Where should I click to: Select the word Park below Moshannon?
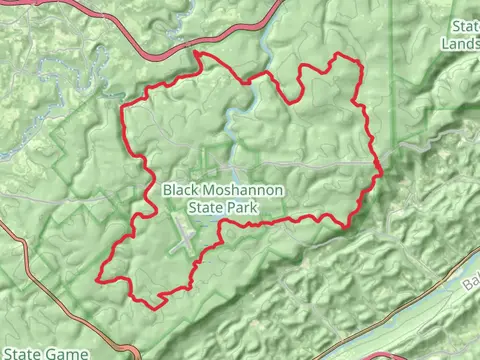click(x=243, y=208)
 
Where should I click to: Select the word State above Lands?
click(x=465, y=26)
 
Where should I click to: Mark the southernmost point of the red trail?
click(x=150, y=304)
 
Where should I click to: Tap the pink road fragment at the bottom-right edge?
click(x=380, y=355)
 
